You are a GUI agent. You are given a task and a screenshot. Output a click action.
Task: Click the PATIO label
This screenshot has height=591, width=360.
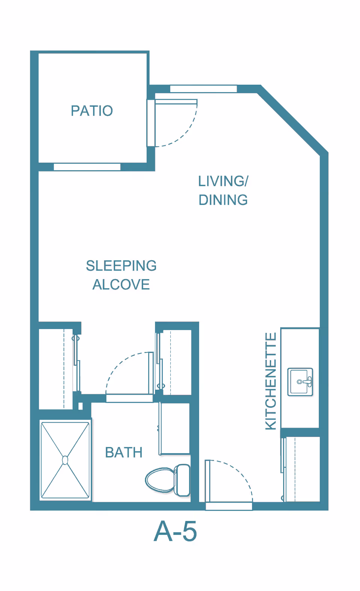coord(92,111)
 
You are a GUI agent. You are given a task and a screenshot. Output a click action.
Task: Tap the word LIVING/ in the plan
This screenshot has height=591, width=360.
coord(223,181)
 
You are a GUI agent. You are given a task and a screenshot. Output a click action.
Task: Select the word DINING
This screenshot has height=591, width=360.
coord(223,200)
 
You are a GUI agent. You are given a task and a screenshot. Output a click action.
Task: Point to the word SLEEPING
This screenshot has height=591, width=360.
coord(121,266)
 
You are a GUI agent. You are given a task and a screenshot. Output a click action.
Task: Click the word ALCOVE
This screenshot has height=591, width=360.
coord(121,284)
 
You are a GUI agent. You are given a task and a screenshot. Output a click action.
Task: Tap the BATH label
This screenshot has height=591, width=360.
coord(124,452)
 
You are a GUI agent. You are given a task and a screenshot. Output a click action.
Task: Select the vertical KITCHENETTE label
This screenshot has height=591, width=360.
coord(271,381)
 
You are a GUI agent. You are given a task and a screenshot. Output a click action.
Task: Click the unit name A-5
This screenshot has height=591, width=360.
coord(175,531)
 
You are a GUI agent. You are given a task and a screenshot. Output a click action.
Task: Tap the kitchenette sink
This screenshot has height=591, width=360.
coord(300,382)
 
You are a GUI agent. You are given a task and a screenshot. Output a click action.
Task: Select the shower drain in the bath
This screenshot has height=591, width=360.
coord(65,460)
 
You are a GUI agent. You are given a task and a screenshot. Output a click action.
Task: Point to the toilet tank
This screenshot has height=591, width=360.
coord(182,480)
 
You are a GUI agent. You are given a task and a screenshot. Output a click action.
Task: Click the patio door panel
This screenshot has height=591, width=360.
coord(176,102)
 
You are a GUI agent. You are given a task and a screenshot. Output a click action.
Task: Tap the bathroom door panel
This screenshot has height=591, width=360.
coord(151,373)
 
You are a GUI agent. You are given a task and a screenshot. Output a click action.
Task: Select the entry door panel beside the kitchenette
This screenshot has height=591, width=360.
coord(208,481)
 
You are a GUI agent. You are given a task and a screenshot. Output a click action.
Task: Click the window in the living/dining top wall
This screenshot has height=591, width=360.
coord(204,89)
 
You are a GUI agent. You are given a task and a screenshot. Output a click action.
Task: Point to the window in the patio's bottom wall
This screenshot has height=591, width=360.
coord(87,167)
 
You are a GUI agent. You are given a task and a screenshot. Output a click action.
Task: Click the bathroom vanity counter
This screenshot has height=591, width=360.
coord(175,429)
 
